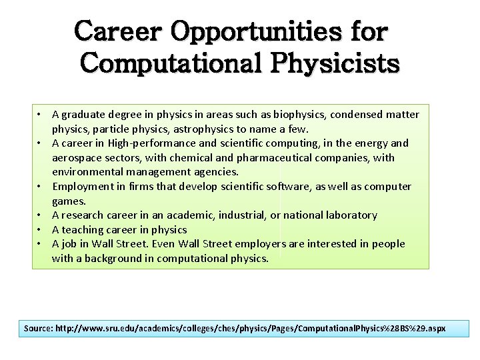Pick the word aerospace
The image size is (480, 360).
tap(77, 158)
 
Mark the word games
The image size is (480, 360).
tap(69, 201)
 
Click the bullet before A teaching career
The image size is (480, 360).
tap(41, 230)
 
